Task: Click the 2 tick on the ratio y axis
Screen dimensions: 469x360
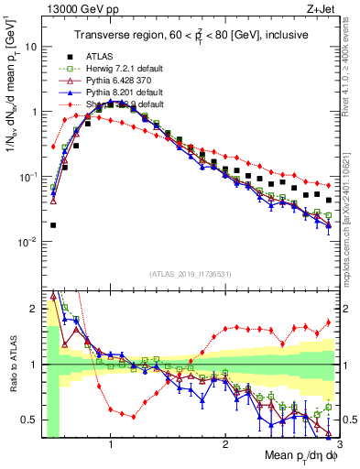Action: [x=32, y=308]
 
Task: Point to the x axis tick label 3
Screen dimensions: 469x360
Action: [x=338, y=442]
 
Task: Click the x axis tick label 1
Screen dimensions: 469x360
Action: [x=111, y=442]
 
